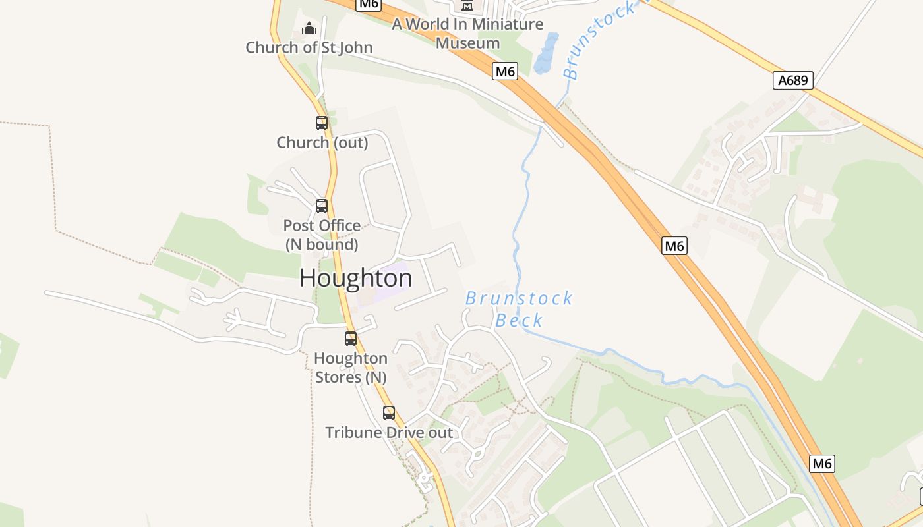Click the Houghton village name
point(356,278)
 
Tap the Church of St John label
point(309,47)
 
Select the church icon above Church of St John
point(309,28)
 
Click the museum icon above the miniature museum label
point(467,5)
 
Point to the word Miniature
point(508,24)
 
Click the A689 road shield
point(792,80)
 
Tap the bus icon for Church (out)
point(322,123)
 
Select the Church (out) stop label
point(322,142)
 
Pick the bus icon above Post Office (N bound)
point(322,206)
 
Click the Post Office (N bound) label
point(322,235)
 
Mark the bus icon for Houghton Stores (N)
point(351,339)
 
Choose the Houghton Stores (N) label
point(351,368)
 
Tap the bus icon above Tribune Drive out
point(389,413)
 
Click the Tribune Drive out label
point(389,433)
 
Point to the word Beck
point(519,321)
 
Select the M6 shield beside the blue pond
point(505,71)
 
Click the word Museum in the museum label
point(467,43)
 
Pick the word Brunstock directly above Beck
point(519,298)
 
